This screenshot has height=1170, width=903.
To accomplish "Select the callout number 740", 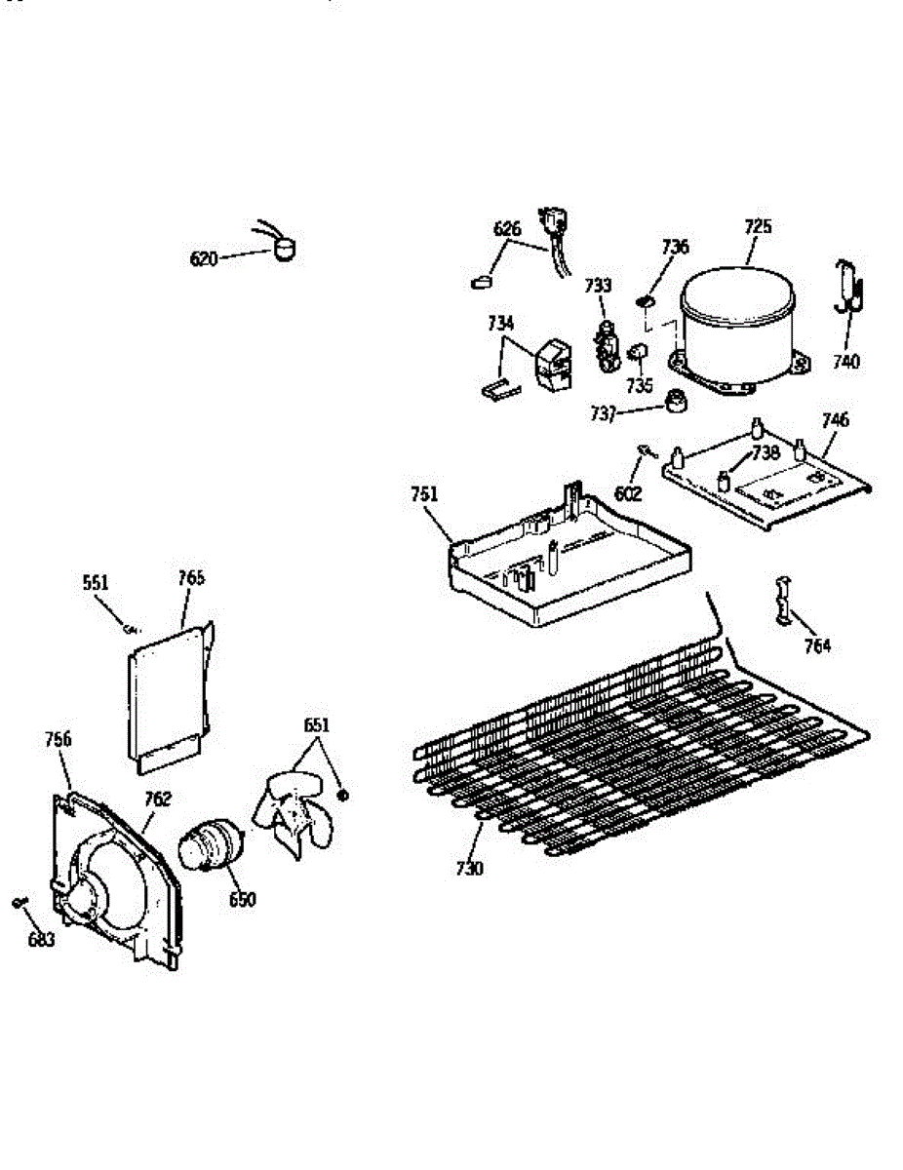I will (x=846, y=362).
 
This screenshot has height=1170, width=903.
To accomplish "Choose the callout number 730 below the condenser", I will (x=468, y=867).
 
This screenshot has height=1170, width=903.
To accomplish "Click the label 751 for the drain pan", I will (x=424, y=495).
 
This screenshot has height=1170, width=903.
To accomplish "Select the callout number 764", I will (x=818, y=644).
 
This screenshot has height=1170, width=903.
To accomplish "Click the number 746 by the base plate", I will (x=835, y=420).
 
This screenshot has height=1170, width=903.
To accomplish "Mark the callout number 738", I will (x=766, y=452).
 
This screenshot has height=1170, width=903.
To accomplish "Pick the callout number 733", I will (x=598, y=285).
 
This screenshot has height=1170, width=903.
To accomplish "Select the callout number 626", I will (x=507, y=229).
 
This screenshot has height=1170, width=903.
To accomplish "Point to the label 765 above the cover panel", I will (x=191, y=577).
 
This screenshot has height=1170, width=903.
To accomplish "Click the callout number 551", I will (x=96, y=583).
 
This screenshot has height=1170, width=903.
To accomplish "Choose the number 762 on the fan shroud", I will (x=158, y=799).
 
